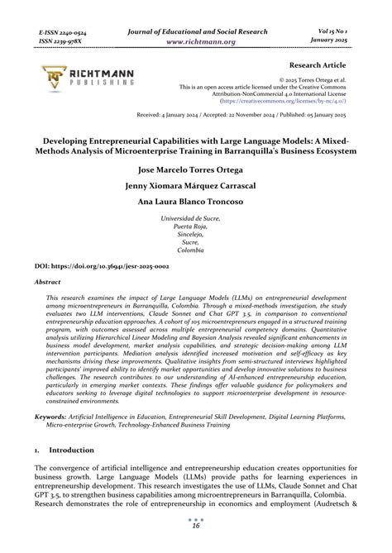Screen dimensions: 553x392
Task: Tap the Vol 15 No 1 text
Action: click(x=346, y=30)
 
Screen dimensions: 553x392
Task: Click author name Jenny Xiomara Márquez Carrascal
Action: click(x=196, y=186)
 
